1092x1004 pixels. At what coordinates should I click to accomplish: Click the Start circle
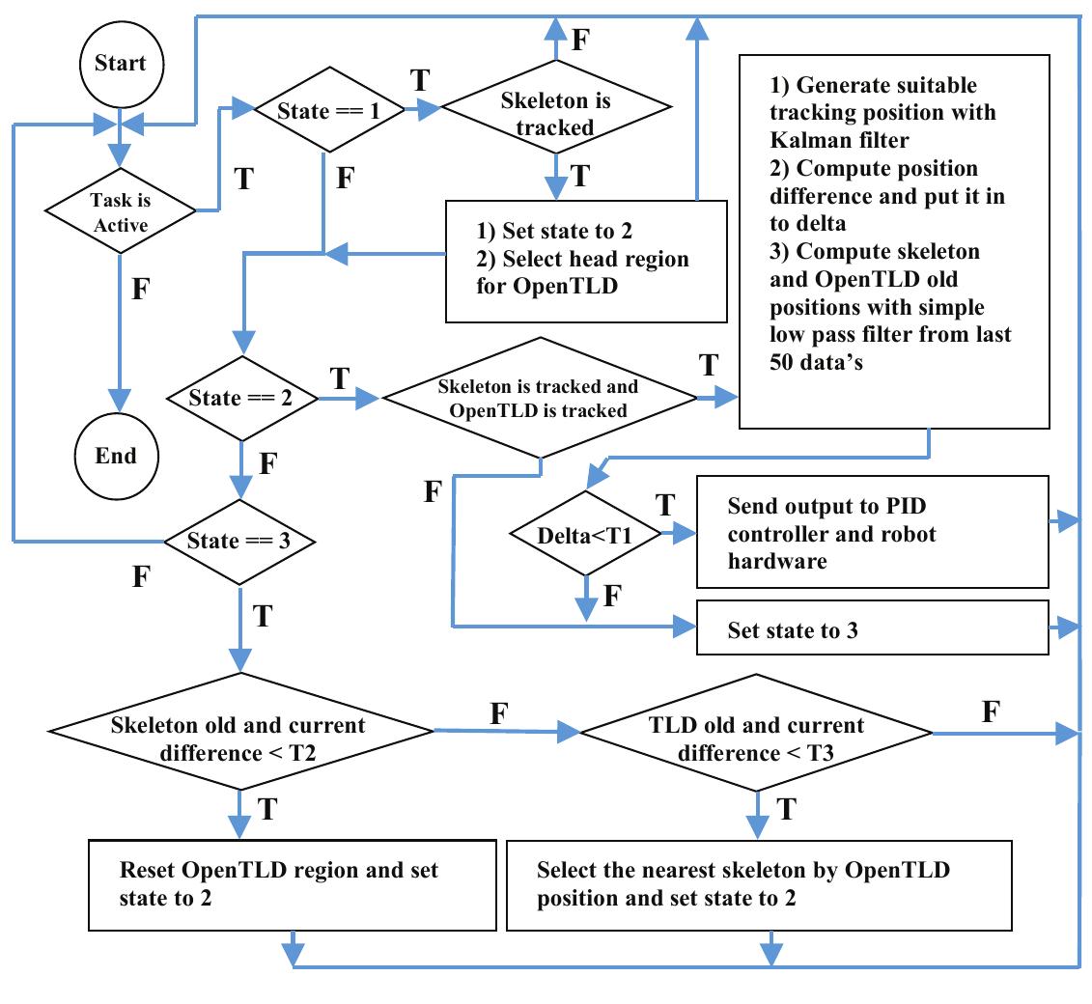120,63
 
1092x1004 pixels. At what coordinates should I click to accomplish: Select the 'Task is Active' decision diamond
120,209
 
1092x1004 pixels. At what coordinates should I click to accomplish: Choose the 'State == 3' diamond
241,540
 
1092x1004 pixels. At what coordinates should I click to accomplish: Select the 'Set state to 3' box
872,630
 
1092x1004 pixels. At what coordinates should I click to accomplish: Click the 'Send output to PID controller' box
872,532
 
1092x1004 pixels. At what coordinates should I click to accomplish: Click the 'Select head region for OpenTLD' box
585,261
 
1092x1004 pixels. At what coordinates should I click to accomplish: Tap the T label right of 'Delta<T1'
664,505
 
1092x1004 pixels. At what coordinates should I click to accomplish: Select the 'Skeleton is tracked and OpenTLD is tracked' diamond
540,398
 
